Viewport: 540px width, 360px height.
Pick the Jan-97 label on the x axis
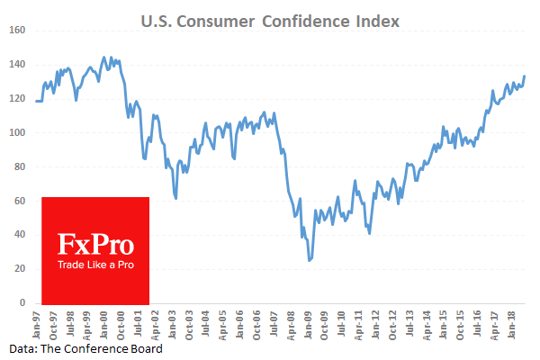37,322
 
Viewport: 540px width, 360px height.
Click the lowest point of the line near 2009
310,261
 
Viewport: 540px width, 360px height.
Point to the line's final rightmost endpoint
525,76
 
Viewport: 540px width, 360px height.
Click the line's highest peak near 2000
104,57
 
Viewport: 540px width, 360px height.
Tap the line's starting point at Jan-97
36,101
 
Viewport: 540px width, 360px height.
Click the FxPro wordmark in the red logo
95,246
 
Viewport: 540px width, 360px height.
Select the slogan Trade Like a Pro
95,265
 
